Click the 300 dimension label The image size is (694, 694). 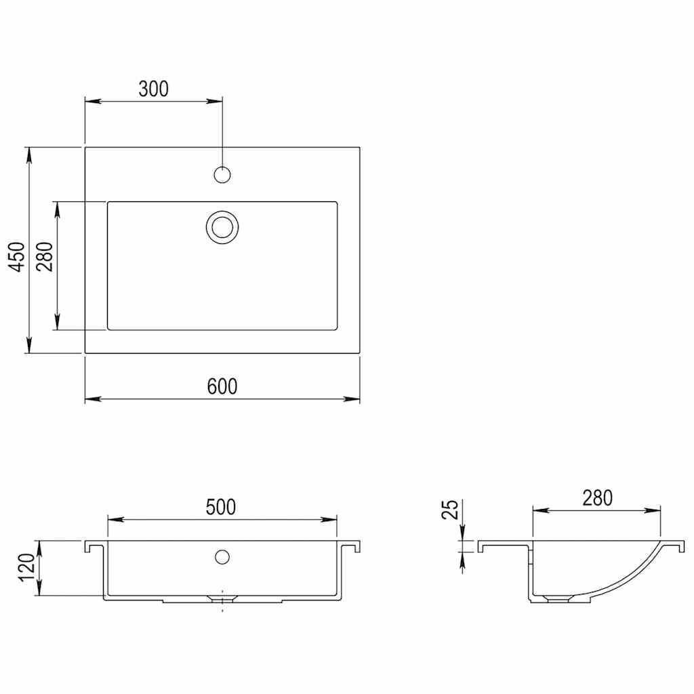(x=153, y=89)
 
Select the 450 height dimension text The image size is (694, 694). (x=20, y=256)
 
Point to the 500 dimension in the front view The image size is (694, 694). (x=222, y=507)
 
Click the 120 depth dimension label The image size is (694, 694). (x=26, y=568)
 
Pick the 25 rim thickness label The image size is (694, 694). (x=449, y=510)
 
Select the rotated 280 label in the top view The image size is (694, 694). (x=45, y=256)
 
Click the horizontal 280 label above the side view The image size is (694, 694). (x=596, y=498)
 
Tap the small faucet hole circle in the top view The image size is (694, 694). (x=222, y=175)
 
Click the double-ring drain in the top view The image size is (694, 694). (x=222, y=226)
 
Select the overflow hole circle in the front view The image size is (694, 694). (x=222, y=557)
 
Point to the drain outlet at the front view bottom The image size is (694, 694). (x=222, y=598)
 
